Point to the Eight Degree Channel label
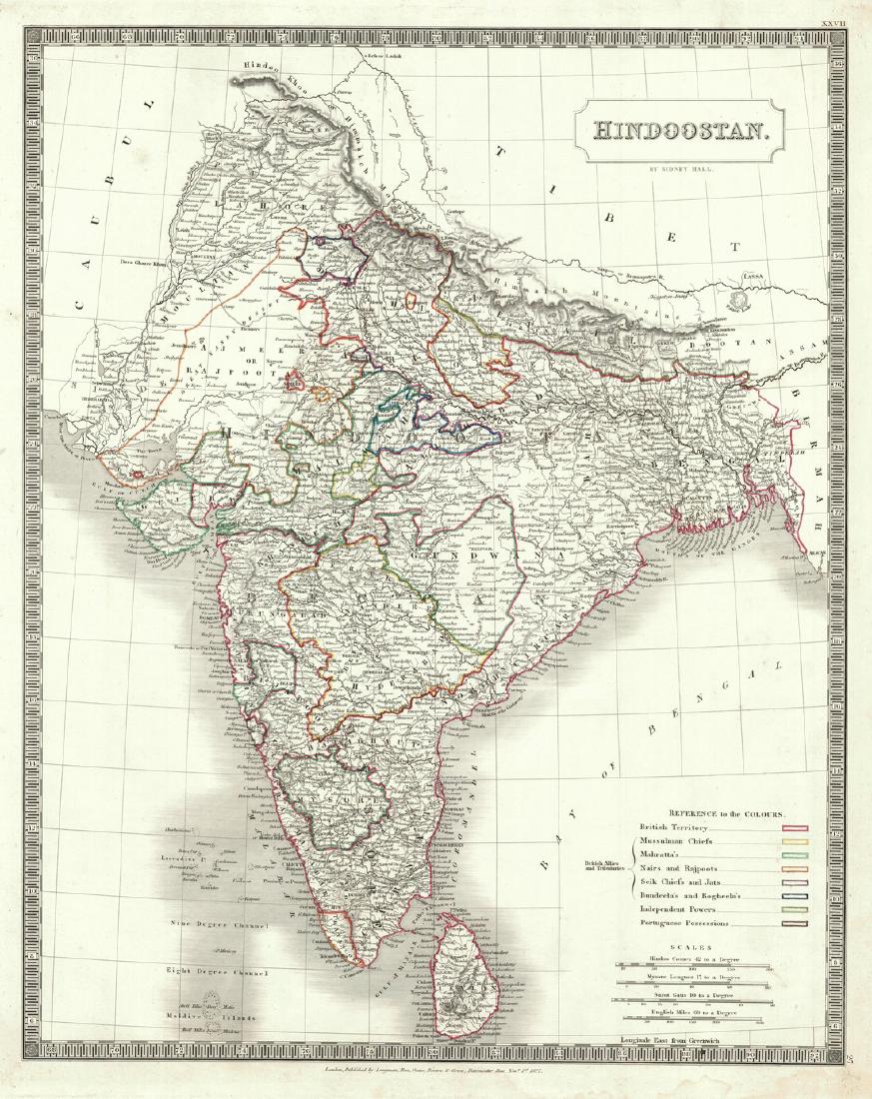click(x=218, y=971)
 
